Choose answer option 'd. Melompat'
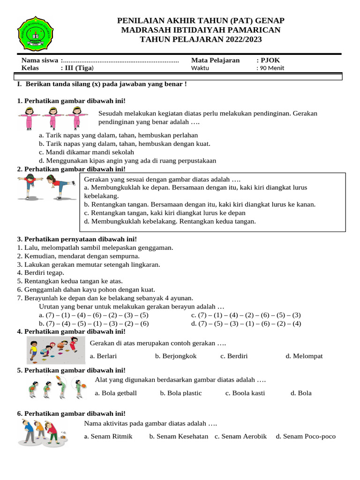coord(304,356)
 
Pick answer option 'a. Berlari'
coord(103,356)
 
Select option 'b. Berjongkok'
coord(176,356)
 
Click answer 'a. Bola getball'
coord(116,393)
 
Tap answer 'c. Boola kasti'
coord(245,393)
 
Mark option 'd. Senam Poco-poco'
coord(306,436)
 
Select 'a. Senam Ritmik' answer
coord(108,436)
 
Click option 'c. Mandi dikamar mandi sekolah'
coord(87,152)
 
